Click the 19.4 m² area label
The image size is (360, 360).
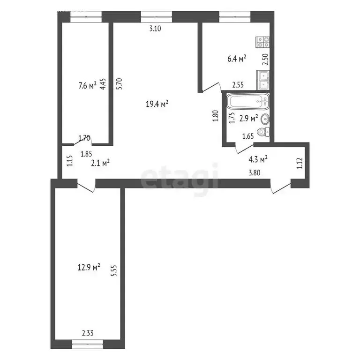(x=157, y=104)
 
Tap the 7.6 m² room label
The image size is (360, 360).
(x=87, y=85)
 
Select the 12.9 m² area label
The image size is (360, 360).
(x=89, y=267)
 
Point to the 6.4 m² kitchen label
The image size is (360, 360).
(x=237, y=59)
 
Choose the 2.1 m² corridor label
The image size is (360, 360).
(x=100, y=163)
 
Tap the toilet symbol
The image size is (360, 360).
(x=265, y=132)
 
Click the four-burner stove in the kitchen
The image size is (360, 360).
(x=262, y=43)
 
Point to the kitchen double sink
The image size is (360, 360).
(x=263, y=79)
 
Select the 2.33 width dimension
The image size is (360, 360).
(x=87, y=334)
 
